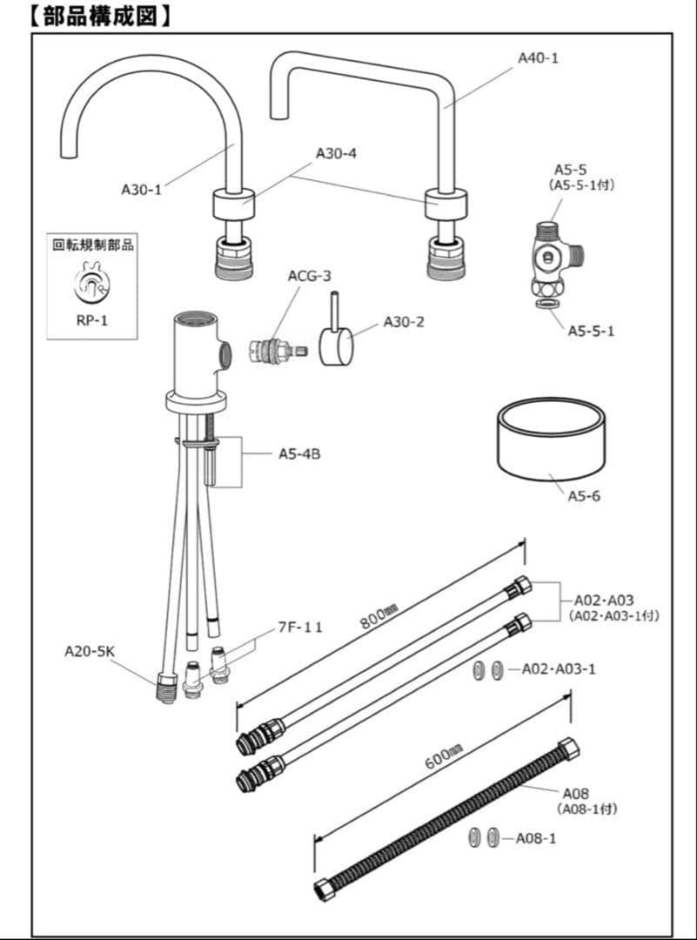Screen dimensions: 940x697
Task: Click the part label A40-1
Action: click(538, 58)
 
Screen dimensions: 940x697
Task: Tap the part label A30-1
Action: click(141, 188)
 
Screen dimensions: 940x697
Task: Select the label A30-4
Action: click(336, 153)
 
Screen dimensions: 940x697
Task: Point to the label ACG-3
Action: click(310, 276)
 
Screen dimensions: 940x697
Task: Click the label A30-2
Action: click(404, 322)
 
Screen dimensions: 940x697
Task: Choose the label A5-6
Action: click(584, 497)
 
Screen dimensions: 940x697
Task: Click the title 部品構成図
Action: click(97, 15)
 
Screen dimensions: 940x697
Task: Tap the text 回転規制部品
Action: click(91, 245)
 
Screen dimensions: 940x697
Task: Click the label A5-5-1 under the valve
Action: click(591, 331)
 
